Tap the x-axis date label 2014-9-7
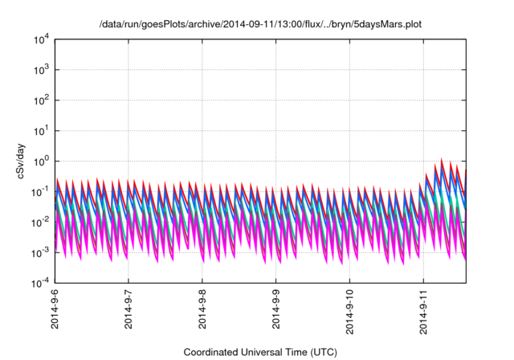129,314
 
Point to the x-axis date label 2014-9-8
203,314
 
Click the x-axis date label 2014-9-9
277,314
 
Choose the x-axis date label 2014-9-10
351,316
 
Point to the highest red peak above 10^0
442,159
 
